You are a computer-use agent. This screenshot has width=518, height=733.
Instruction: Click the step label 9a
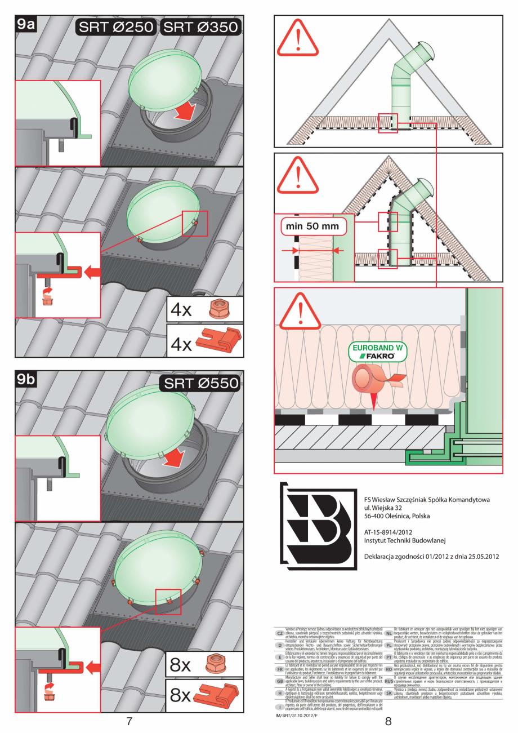point(26,25)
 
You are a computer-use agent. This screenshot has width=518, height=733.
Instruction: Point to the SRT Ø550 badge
point(201,384)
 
